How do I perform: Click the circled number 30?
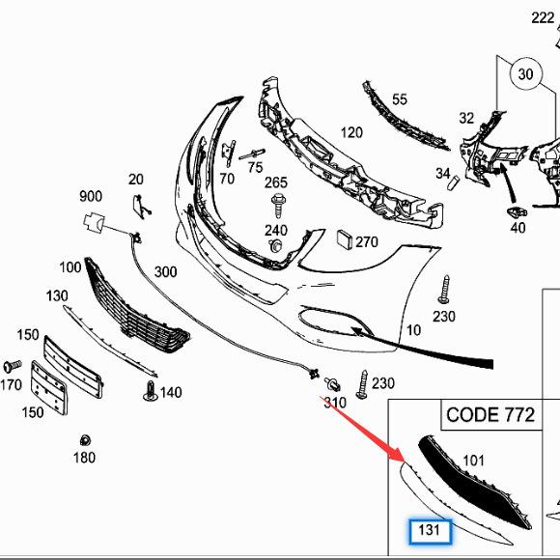(x=525, y=73)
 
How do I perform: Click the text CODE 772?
(x=490, y=416)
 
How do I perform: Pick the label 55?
(x=400, y=98)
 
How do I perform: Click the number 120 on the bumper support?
(x=351, y=132)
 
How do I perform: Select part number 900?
(x=91, y=197)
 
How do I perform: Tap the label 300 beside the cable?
(x=165, y=272)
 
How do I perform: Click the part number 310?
(x=334, y=402)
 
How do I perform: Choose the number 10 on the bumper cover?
(x=413, y=330)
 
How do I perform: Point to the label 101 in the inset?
(x=474, y=460)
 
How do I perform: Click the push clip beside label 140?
(x=151, y=391)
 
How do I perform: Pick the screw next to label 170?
(x=13, y=367)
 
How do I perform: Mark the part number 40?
(x=518, y=228)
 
